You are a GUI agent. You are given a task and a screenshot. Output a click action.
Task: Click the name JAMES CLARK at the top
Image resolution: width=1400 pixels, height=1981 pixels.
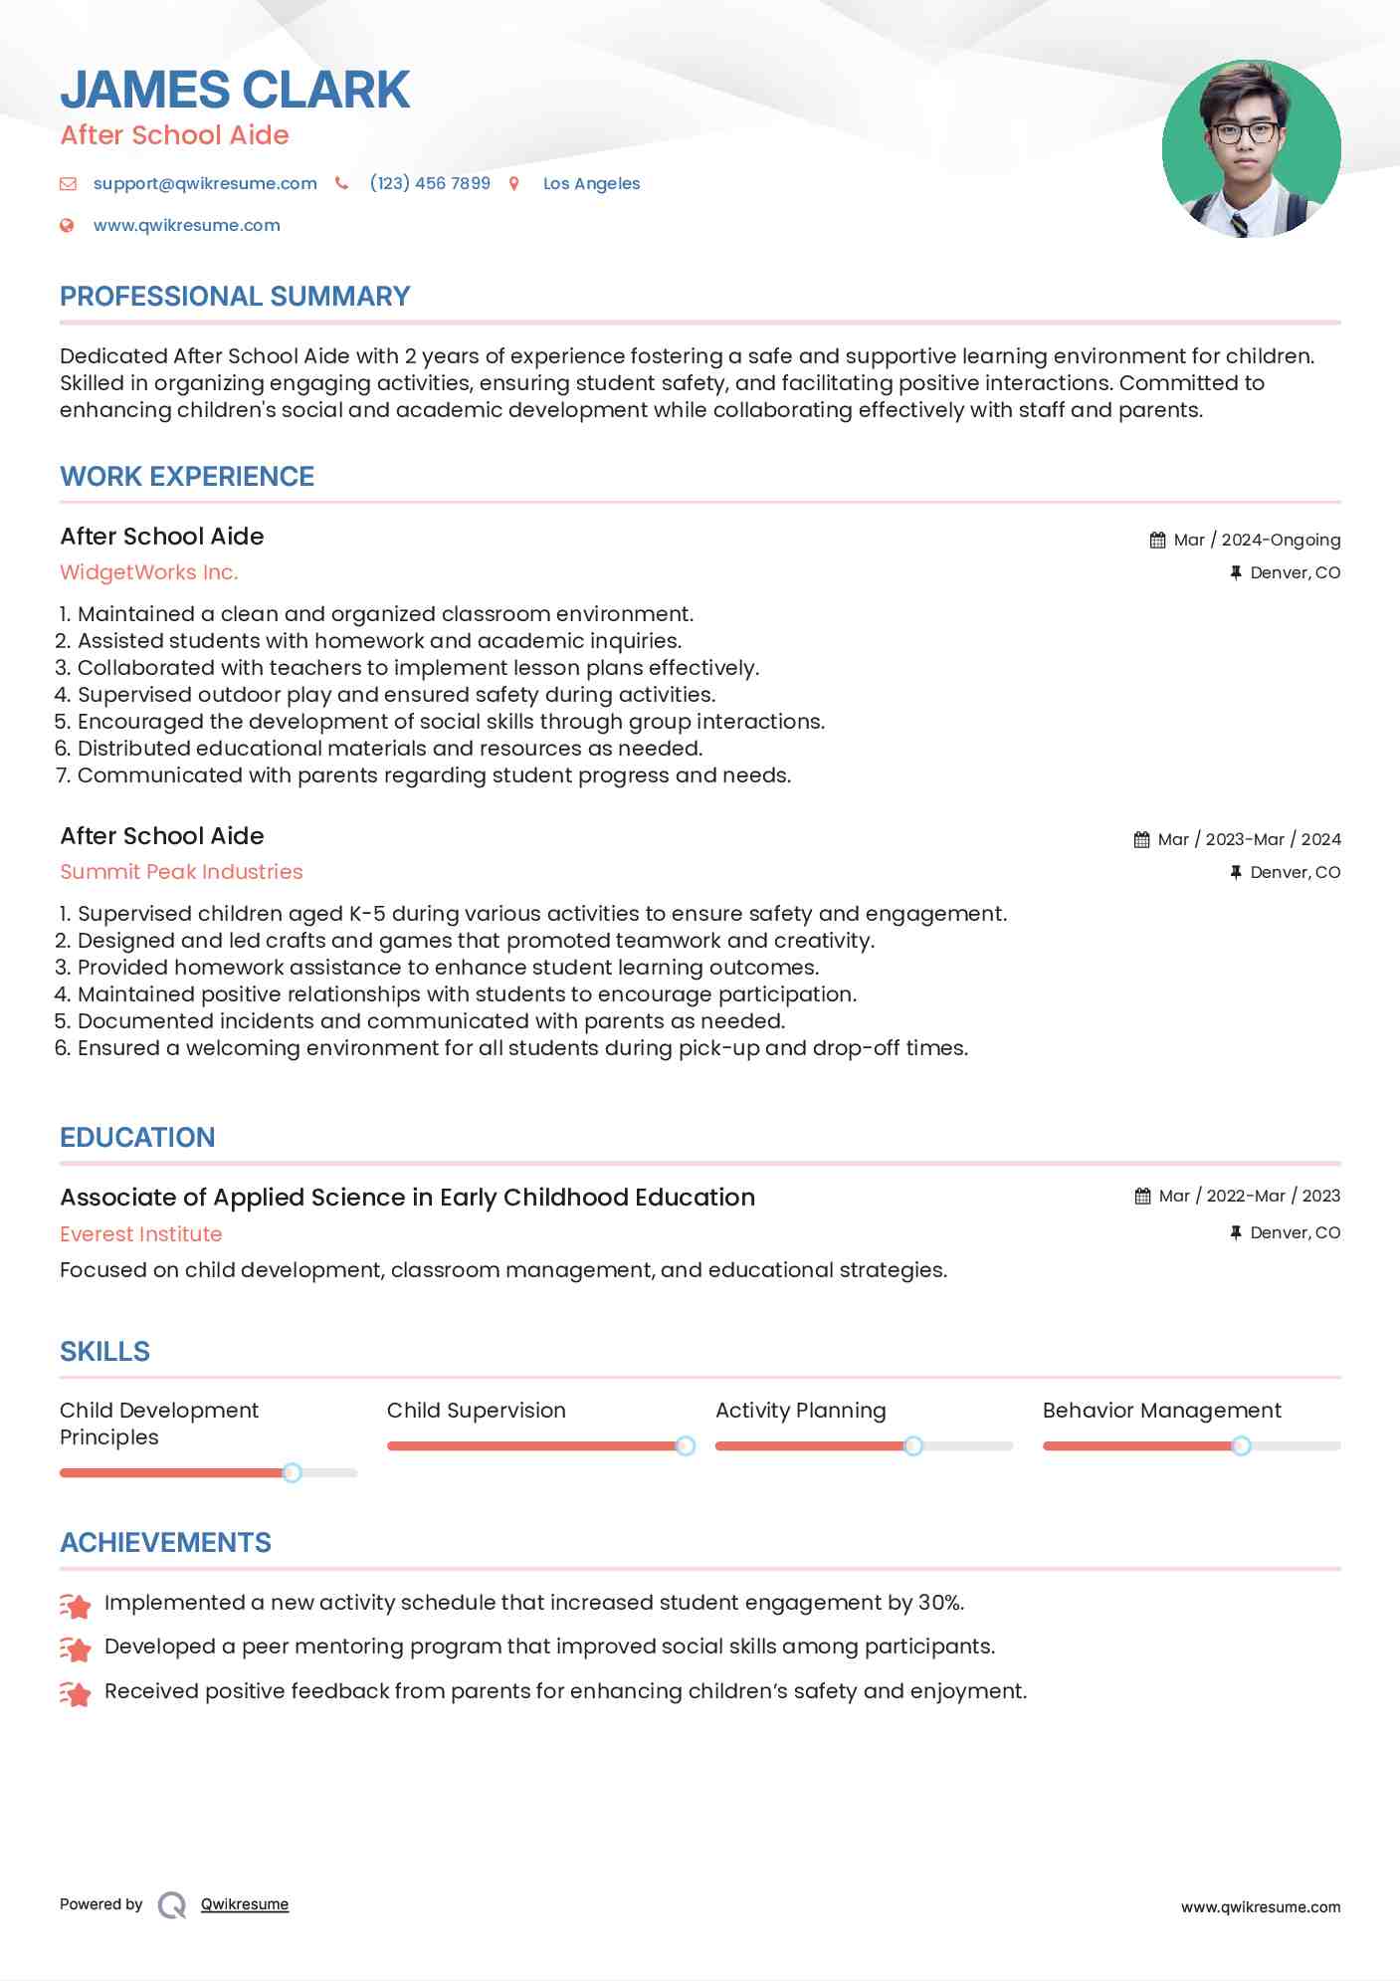pos(235,90)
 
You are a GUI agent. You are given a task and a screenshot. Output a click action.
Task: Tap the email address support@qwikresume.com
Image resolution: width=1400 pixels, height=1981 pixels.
pos(205,183)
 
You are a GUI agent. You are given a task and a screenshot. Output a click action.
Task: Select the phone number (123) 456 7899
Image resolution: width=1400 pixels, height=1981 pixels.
pos(430,183)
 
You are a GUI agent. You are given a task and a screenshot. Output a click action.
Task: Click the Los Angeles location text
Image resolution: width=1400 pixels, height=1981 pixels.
pos(591,183)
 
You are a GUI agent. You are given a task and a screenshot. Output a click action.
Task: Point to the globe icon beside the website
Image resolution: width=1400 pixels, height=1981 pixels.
pos(67,226)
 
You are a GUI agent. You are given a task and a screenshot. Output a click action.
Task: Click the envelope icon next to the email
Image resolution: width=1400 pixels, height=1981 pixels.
pos(68,183)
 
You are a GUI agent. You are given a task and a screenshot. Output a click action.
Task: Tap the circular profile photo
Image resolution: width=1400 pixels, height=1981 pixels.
pos(1251,148)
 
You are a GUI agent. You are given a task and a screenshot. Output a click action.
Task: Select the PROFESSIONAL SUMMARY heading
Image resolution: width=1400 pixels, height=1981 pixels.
pos(235,297)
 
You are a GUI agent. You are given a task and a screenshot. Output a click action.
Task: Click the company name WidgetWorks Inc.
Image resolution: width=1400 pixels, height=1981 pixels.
pos(149,572)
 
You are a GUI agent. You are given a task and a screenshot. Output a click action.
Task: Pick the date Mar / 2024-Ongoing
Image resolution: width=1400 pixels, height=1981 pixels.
pos(1257,540)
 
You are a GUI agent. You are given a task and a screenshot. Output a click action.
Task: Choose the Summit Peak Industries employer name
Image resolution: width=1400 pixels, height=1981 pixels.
pos(181,872)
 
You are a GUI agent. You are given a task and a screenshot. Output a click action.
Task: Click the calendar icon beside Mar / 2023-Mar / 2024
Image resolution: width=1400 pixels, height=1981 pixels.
pos(1141,840)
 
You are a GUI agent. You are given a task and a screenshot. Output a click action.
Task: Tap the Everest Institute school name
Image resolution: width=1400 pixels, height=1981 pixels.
pos(141,1234)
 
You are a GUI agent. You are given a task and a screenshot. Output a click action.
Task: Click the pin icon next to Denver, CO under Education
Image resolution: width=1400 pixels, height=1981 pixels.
pos(1236,1232)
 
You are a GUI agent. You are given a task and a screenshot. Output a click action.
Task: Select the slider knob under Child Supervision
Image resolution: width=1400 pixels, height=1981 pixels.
pos(686,1445)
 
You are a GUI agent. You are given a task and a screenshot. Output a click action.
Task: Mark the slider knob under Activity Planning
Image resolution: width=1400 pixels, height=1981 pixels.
pos(913,1445)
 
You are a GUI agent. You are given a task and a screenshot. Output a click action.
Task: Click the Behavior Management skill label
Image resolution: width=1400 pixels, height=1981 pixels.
pos(1161,1411)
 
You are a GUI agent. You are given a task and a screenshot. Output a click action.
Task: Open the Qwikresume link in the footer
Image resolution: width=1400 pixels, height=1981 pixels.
pos(245,1904)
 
